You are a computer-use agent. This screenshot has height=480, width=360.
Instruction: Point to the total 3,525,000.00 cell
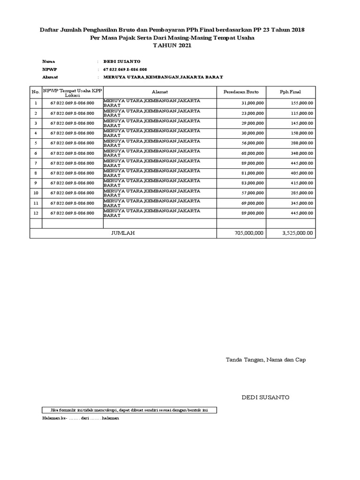coord(298,232)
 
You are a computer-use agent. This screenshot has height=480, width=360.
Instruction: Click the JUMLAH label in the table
coord(123,232)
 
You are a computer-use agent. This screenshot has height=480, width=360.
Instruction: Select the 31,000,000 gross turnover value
coord(252,103)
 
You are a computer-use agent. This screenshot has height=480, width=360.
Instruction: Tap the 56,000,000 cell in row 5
coord(252,143)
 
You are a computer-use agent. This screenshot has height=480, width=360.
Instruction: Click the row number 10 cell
coord(36,193)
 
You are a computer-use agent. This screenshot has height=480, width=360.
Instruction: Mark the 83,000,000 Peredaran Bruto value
coord(252,183)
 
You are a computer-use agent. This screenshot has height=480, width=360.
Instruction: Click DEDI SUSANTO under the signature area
coord(265,397)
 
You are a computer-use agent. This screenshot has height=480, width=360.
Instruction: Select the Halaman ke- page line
coord(81,418)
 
